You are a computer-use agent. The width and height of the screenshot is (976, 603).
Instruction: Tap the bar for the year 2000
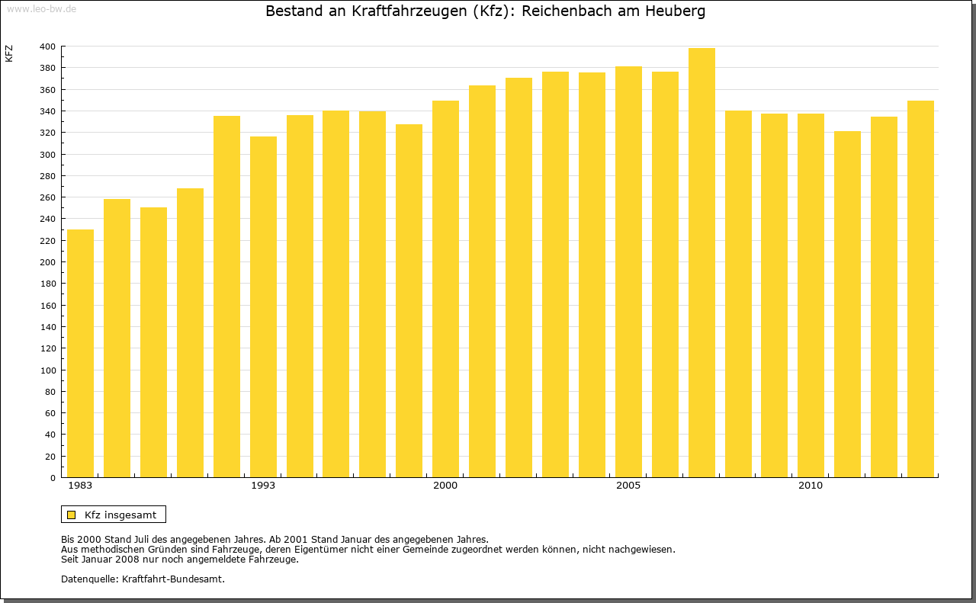[x=445, y=289]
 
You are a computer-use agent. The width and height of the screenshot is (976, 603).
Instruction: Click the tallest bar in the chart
[x=701, y=262]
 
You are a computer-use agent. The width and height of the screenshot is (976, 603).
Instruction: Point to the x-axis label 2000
[x=445, y=486]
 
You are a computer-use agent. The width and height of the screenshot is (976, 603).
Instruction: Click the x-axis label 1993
[x=263, y=486]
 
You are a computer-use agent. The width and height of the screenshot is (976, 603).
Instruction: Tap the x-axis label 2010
[x=811, y=486]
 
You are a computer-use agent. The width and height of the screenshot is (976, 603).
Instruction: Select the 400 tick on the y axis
[x=47, y=47]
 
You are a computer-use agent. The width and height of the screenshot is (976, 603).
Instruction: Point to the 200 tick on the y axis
[x=47, y=262]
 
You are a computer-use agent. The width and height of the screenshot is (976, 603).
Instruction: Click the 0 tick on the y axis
[x=52, y=478]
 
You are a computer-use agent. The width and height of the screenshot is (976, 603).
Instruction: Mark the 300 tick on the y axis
[x=47, y=155]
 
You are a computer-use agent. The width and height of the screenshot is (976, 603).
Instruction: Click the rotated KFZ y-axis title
[x=9, y=53]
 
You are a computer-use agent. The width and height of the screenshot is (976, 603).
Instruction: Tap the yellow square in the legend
[x=72, y=515]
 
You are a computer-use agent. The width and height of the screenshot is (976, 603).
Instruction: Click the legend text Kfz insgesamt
[x=120, y=515]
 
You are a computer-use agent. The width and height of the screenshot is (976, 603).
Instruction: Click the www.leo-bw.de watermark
[x=40, y=8]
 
